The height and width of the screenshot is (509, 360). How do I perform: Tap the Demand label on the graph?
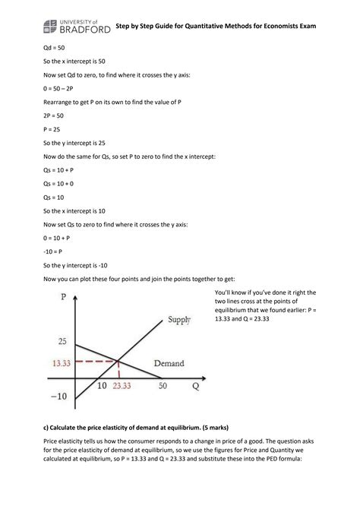(169, 364)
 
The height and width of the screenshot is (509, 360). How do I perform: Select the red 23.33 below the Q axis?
(122, 387)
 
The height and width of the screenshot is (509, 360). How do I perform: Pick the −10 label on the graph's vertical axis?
(58, 397)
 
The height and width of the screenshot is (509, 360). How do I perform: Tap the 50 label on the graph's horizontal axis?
(163, 386)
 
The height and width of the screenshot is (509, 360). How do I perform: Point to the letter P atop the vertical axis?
(63, 297)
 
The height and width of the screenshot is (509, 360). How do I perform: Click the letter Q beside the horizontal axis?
(195, 386)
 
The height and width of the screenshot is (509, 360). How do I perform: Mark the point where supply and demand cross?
(118, 361)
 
